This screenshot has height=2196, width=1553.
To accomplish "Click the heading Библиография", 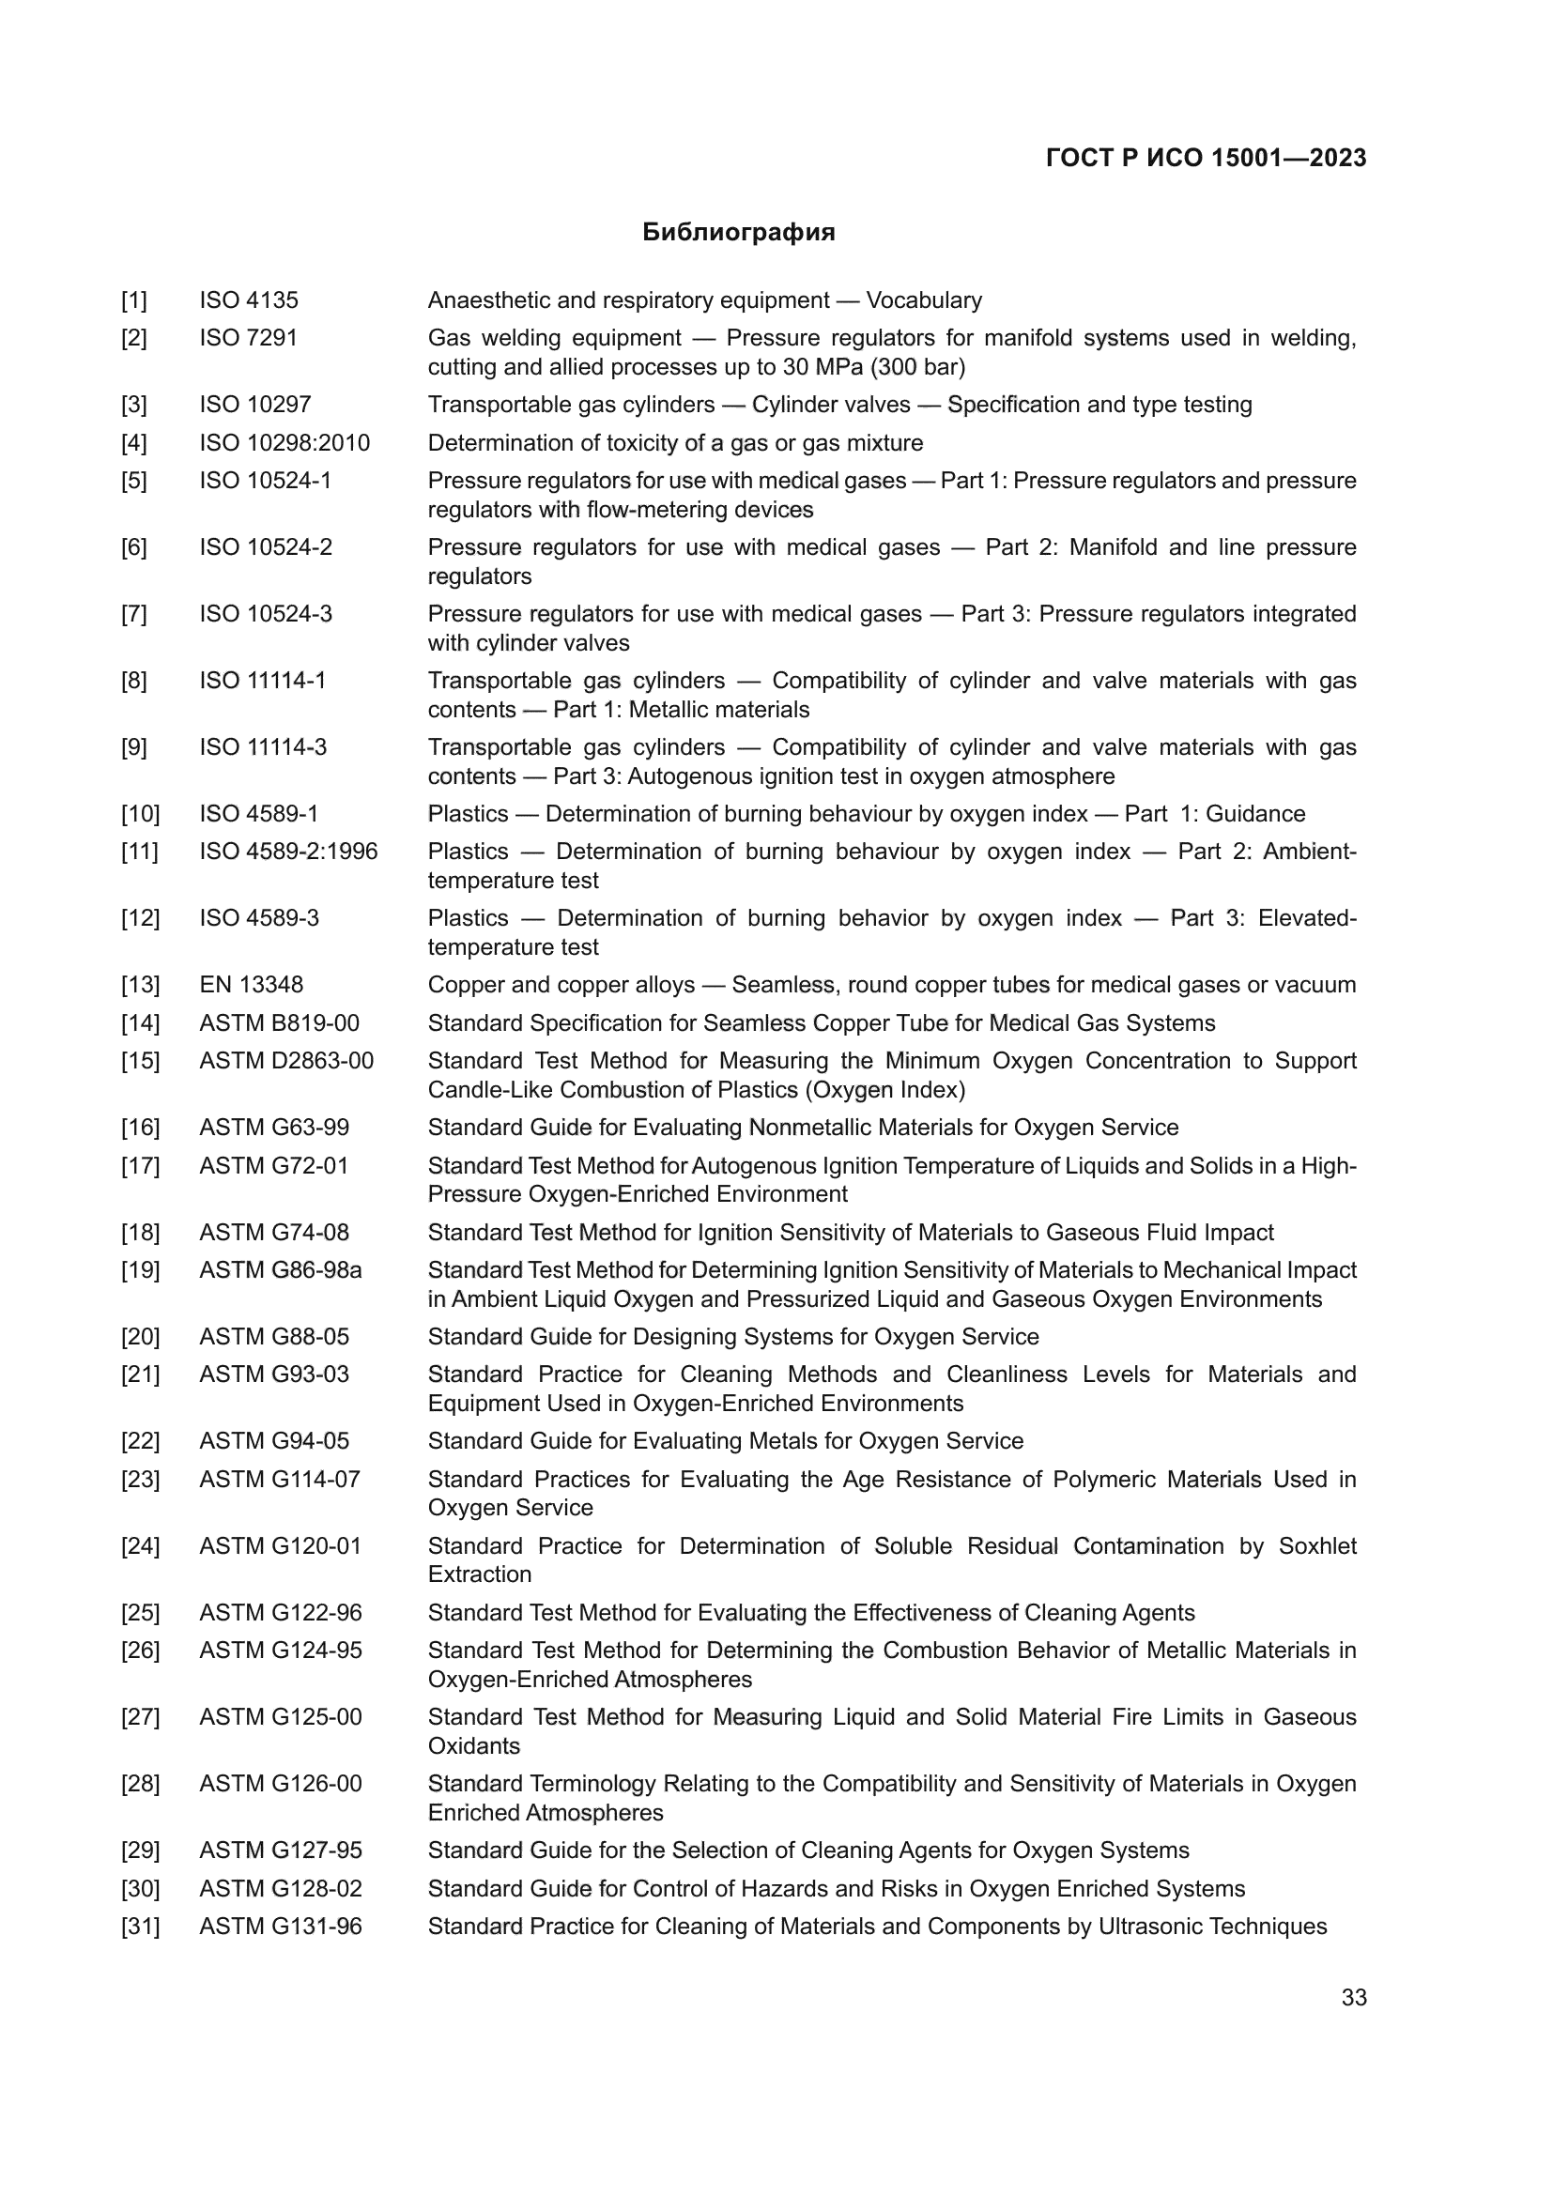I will point(738,233).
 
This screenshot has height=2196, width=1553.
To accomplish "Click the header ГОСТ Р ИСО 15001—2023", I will point(1206,158).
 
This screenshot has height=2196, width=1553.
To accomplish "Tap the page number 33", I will point(1353,1997).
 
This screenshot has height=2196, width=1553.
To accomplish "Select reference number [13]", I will point(140,985).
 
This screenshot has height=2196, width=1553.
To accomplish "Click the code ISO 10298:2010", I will point(284,443).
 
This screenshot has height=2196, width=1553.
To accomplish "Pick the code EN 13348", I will point(251,985).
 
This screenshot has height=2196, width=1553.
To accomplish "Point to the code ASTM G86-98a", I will point(280,1270).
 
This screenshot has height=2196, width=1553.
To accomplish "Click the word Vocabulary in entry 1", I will point(924,300).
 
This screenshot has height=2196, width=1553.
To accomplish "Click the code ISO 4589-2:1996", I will point(288,852).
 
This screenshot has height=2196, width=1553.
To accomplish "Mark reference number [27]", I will point(140,1717).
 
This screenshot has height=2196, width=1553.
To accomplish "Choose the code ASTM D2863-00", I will point(286,1061).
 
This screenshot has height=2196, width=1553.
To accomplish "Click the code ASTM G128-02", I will point(280,1889).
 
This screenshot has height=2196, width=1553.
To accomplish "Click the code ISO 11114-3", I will point(263,747).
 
